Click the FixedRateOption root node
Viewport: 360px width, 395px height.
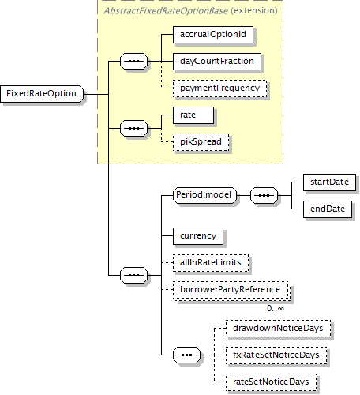coord(42,94)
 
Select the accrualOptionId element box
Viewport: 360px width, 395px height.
coord(213,35)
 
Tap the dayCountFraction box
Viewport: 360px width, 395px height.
coord(217,62)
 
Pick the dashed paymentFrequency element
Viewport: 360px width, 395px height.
coord(219,88)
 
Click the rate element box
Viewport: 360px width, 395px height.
coord(193,115)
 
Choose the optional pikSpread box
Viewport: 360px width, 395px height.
coord(201,142)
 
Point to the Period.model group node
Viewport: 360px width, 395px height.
coord(204,195)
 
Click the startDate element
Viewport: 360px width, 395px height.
coord(329,182)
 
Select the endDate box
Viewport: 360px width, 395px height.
coord(328,209)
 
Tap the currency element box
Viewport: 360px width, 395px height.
coord(198,236)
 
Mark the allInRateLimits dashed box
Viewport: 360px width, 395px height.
coord(211,263)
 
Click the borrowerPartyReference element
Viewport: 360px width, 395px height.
coord(231,291)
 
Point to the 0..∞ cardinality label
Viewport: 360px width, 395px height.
coord(276,308)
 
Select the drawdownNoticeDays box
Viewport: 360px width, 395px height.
coord(278,329)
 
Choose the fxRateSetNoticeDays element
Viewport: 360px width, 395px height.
coord(276,355)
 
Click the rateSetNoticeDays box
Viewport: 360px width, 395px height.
coord(271,382)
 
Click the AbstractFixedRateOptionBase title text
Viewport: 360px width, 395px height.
coord(166,11)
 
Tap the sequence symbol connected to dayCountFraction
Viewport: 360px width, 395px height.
coord(134,62)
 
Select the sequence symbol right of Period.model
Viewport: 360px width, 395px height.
coord(264,196)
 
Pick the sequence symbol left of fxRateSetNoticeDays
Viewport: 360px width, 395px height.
coord(186,355)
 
